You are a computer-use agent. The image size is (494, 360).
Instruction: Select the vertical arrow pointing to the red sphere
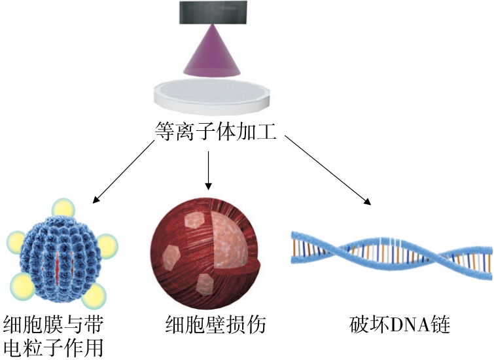208,169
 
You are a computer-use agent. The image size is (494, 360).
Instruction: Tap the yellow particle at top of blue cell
63,209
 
